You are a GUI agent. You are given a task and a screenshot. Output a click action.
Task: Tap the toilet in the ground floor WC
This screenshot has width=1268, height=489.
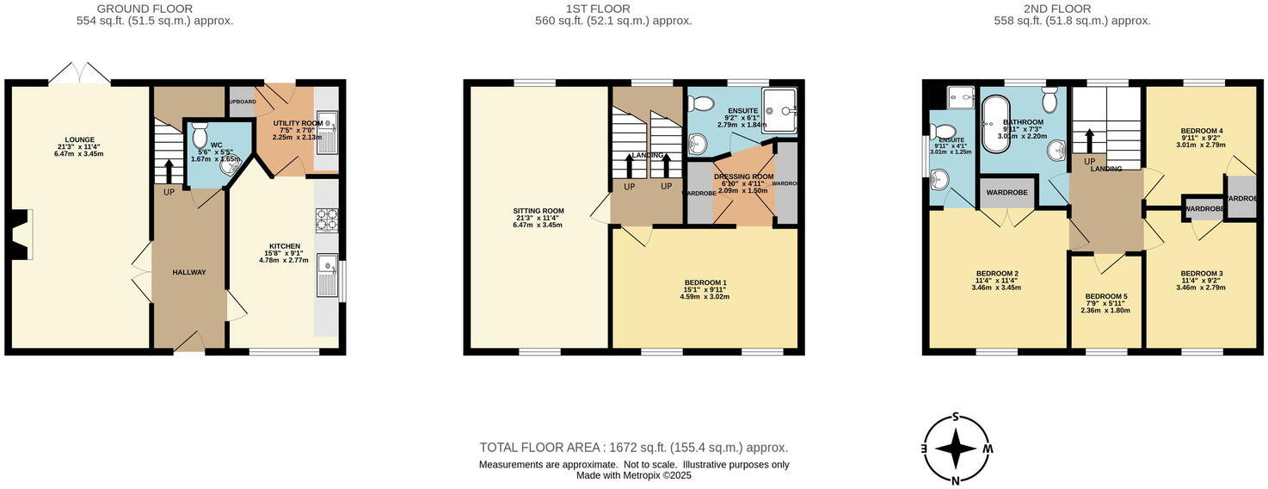200,137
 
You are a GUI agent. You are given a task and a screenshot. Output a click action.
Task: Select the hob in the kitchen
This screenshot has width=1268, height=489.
327,220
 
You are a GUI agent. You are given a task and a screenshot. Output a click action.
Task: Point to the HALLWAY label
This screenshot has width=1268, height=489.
189,272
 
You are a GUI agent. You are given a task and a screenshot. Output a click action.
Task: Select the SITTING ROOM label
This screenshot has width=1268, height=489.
539,211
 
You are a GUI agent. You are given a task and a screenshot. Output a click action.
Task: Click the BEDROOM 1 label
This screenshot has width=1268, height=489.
705,282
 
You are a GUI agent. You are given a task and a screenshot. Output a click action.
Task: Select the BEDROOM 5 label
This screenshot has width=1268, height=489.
1106,296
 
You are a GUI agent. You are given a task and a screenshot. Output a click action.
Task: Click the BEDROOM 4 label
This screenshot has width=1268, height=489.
1202,131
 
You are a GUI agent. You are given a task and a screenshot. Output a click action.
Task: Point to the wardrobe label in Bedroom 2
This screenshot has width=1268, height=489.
1006,192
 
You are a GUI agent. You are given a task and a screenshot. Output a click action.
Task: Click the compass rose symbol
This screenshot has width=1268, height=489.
956,449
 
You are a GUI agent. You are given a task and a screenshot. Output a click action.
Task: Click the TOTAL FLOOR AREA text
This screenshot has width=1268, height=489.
633,448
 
